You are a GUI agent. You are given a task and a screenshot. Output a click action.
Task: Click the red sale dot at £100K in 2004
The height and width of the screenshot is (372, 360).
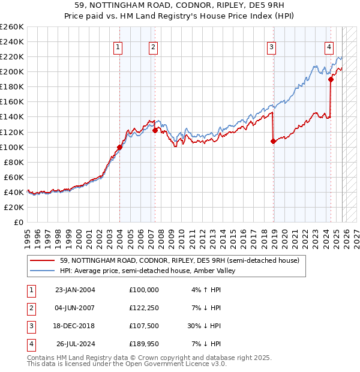pos(119,147)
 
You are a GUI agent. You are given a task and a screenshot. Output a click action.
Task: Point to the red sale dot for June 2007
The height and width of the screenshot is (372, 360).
pos(155,130)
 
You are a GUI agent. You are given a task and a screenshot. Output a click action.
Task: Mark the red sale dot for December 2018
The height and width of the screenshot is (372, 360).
pos(274,142)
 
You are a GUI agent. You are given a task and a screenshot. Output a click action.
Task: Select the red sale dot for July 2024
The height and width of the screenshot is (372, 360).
pos(331,79)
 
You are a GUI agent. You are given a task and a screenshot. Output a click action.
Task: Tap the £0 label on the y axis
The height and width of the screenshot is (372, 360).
pos(18,222)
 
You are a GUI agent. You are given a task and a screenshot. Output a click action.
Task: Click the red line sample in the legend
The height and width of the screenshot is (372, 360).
pos(42,260)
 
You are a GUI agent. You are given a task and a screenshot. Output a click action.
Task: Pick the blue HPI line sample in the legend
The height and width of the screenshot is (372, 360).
pos(42,271)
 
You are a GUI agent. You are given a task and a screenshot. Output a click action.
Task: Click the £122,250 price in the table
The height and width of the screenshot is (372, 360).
pos(144,308)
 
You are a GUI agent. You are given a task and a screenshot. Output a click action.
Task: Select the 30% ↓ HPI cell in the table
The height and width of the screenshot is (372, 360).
pos(203,326)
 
